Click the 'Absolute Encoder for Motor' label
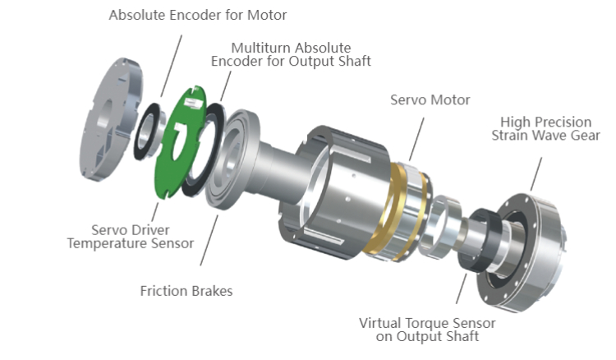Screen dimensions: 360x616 tap(198, 15)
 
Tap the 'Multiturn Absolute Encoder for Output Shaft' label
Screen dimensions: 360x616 tap(291, 54)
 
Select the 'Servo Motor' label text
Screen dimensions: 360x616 tap(430, 99)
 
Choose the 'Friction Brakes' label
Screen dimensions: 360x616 tap(186, 290)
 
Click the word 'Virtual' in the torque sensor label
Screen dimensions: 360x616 tap(379, 321)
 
